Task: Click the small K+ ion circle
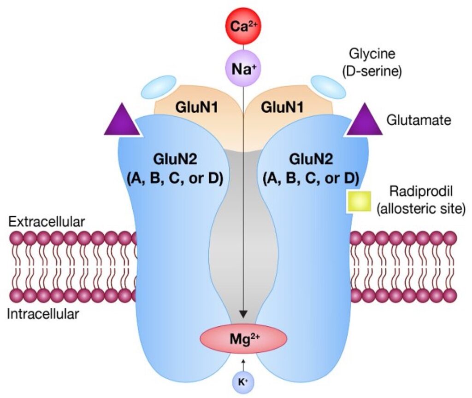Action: pos(243,381)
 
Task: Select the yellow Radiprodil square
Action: pos(360,201)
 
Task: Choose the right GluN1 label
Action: pos(282,107)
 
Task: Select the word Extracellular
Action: pos(47,222)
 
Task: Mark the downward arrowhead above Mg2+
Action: pos(243,314)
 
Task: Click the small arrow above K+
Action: pos(243,362)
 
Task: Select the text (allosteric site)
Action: pos(419,208)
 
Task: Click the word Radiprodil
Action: pos(419,191)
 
